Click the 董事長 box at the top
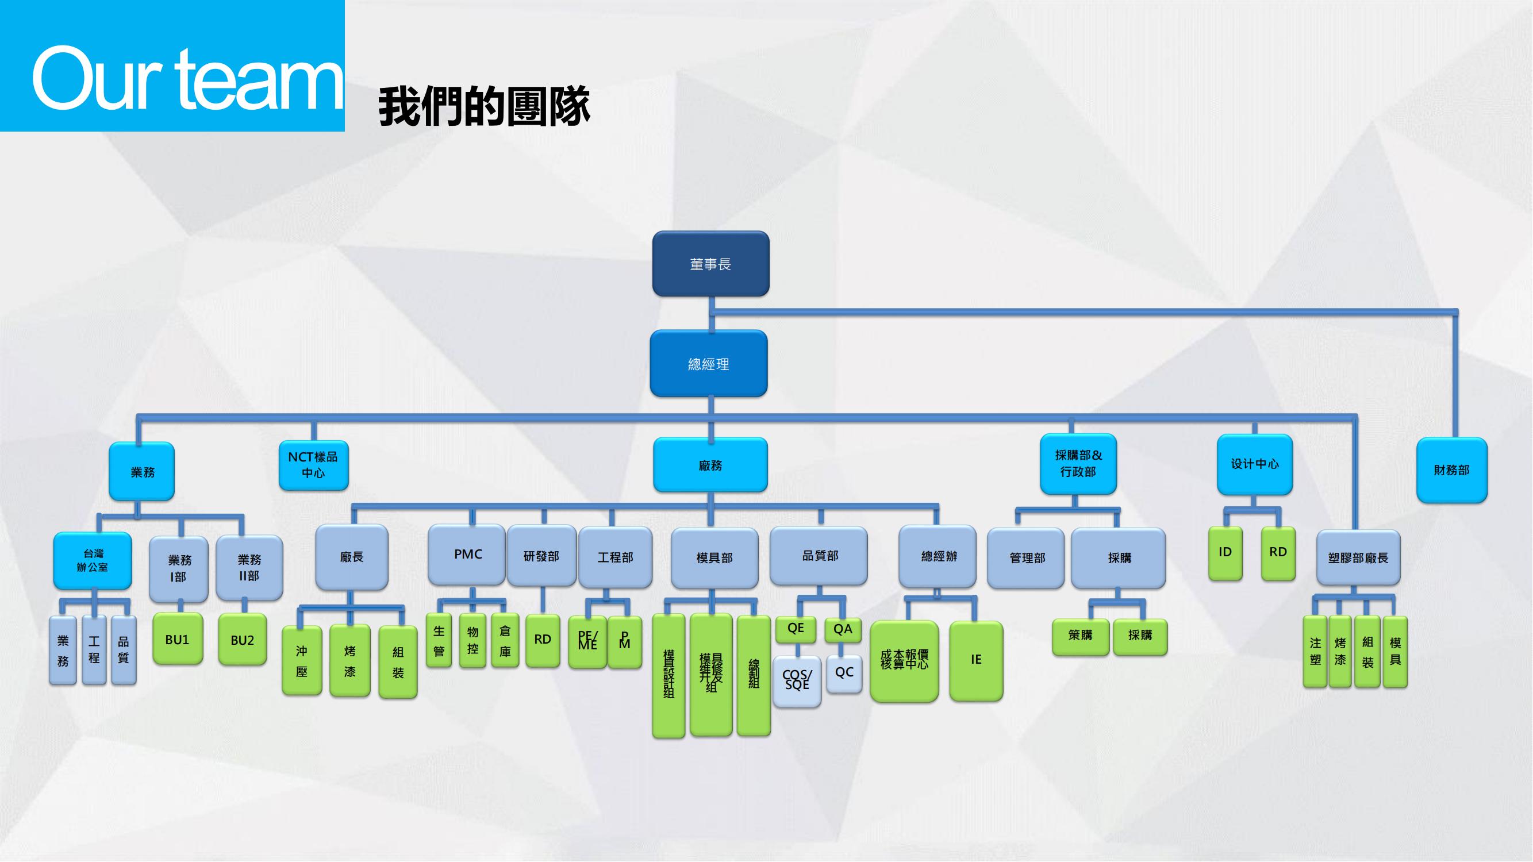(x=710, y=264)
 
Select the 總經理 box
(x=708, y=364)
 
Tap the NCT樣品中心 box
(x=314, y=464)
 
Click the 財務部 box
(x=1451, y=470)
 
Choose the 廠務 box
(x=710, y=464)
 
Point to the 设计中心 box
(x=1254, y=464)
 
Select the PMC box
(x=467, y=554)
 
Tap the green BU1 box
(x=178, y=639)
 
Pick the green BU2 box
(x=242, y=640)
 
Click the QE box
(x=795, y=629)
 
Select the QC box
(x=844, y=673)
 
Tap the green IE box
(x=976, y=660)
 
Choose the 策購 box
(x=1080, y=636)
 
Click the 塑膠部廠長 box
(x=1358, y=557)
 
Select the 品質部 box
(x=819, y=556)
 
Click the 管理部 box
(x=1026, y=557)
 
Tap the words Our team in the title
(x=187, y=79)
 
